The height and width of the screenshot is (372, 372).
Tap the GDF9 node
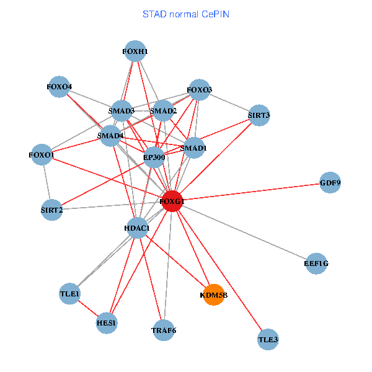330,183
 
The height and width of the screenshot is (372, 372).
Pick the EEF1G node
316,263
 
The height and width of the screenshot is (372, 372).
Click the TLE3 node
268,340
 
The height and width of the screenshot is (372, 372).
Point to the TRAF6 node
164,330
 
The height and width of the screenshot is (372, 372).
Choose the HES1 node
107,323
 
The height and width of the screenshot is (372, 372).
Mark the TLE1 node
69,293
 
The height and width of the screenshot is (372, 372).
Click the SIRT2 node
51,210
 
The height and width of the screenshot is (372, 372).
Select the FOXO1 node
42,154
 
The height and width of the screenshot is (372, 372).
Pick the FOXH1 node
135,51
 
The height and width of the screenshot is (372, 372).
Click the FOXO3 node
200,90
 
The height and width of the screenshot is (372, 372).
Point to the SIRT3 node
259,115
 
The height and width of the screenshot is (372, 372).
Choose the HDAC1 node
136,229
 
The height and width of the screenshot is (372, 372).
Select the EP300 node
154,157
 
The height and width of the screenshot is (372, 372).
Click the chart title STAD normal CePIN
186,14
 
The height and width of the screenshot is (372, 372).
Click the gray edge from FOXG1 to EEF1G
245,233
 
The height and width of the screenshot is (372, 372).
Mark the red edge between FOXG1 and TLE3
220,272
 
